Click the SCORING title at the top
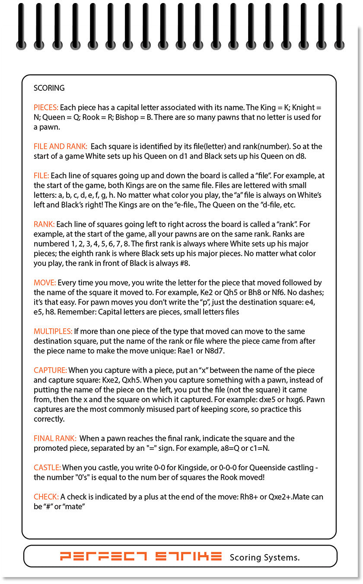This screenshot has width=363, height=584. click(x=49, y=88)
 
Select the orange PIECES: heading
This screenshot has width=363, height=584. click(x=46, y=107)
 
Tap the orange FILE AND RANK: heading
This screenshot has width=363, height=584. click(x=60, y=146)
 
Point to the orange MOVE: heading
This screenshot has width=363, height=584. click(x=45, y=283)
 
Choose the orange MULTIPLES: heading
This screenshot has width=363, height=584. click(x=53, y=331)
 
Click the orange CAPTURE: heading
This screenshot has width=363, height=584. click(x=50, y=370)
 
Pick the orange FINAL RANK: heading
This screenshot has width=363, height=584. click(x=55, y=438)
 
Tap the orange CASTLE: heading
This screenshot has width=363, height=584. click(x=47, y=468)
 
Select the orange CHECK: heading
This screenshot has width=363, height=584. click(x=46, y=497)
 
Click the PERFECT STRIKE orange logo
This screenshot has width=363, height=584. click(x=141, y=556)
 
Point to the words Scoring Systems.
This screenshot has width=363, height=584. click(x=264, y=557)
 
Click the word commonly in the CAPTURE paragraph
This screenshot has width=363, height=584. click(x=131, y=409)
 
